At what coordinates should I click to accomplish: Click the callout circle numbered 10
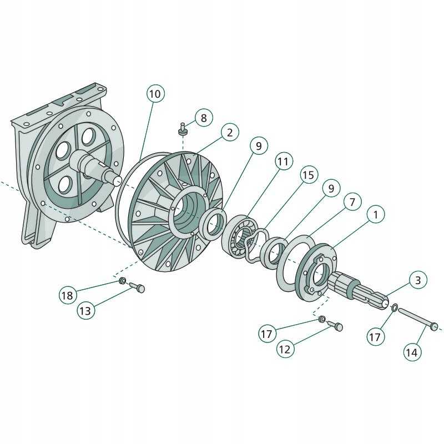pos(155,94)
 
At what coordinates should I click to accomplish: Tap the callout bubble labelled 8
pos(204,118)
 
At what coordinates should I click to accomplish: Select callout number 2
pos(230,132)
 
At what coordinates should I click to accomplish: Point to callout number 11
pos(283,161)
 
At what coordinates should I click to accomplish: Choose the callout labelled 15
pos(309,174)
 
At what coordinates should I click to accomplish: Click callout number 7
pos(352,202)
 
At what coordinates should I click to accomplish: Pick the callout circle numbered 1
pos(376,214)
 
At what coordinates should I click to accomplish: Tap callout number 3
pos(418,280)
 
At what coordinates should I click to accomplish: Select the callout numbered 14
pos(412,352)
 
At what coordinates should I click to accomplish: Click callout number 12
pos(285,349)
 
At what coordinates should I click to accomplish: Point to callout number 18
pos(68,295)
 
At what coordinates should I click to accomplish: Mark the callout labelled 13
pos(85,311)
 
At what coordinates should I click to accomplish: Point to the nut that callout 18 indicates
pos(123,281)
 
